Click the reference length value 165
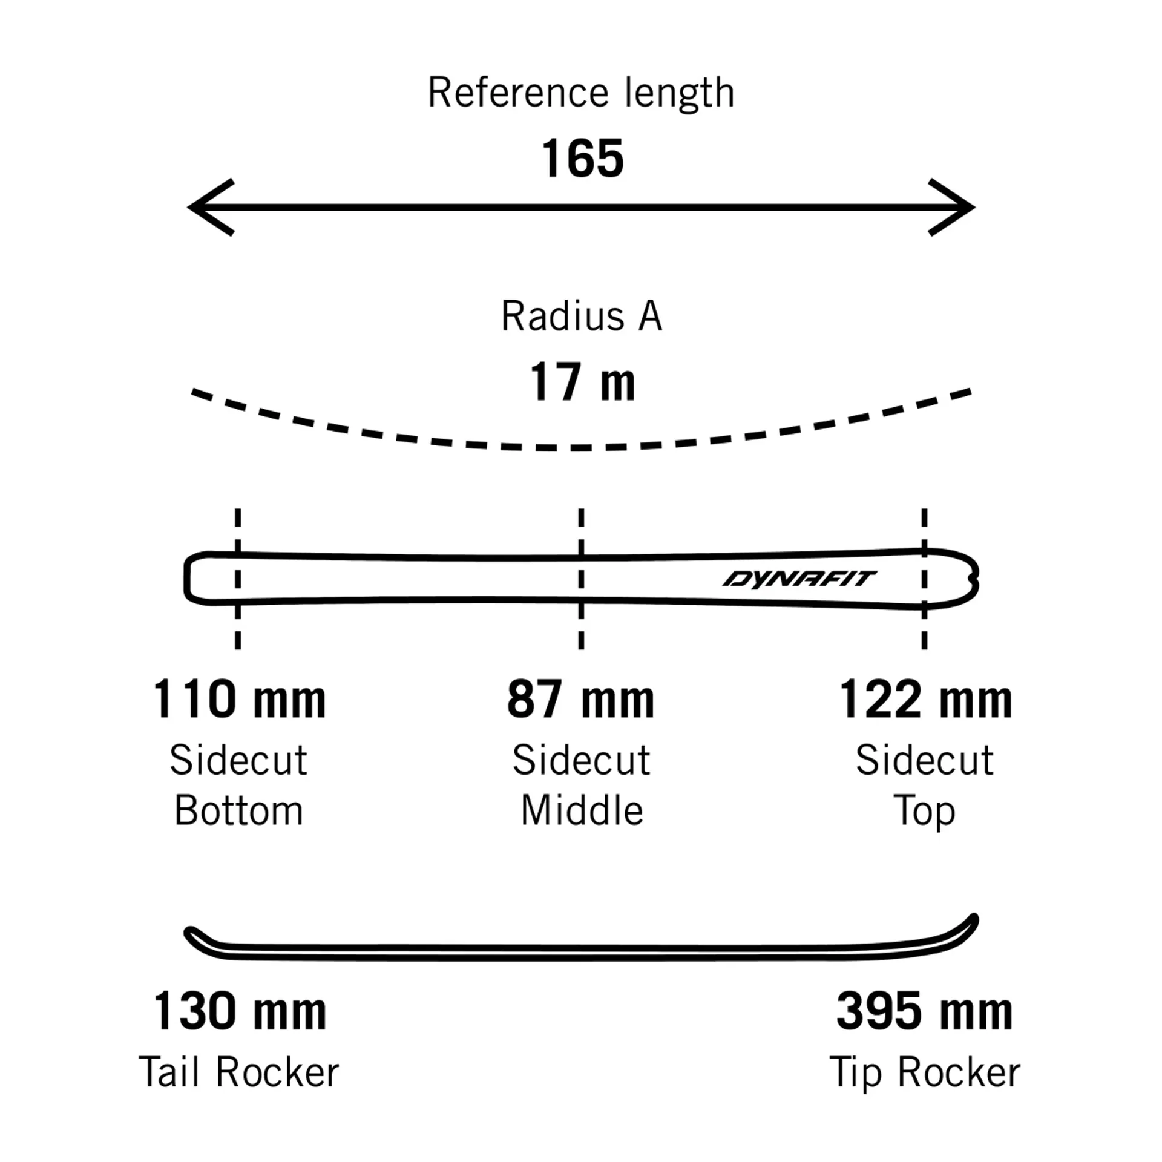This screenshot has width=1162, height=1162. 582,159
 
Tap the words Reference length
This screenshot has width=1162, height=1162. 581,93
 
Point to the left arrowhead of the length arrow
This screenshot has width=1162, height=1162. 209,207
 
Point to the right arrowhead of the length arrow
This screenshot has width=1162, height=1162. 954,207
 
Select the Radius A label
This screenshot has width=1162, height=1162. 582,316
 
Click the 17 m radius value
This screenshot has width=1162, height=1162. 582,382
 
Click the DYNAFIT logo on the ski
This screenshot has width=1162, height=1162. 799,579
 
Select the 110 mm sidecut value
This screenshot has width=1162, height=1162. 239,700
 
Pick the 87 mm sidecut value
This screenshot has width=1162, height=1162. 581,700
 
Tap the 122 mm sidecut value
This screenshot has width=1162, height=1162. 925,700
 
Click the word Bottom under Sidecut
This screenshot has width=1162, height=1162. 238,810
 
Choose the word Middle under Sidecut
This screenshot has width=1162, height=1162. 582,810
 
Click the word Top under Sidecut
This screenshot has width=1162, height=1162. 924,810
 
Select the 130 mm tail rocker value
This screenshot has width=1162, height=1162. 239,1011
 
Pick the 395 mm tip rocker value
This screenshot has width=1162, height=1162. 924,1011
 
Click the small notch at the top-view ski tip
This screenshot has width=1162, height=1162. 973,579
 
